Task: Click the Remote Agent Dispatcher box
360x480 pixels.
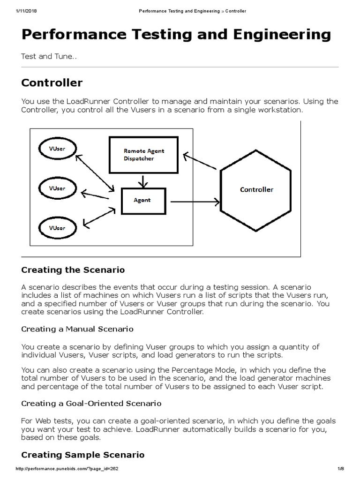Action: pyautogui.click(x=143, y=155)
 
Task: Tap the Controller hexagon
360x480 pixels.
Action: pyautogui.click(x=256, y=190)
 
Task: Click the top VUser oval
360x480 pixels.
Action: pyautogui.click(x=57, y=149)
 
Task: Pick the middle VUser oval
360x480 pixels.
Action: pyautogui.click(x=57, y=188)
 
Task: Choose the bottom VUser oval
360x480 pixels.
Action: pyautogui.click(x=57, y=228)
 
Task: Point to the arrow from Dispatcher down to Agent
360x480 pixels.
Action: pyautogui.click(x=143, y=180)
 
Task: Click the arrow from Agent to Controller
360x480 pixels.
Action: pyautogui.click(x=195, y=202)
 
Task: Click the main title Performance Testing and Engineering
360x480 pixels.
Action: pyautogui.click(x=176, y=35)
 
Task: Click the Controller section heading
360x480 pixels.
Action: pyautogui.click(x=52, y=83)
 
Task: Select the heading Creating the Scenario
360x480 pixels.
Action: pyautogui.click(x=73, y=270)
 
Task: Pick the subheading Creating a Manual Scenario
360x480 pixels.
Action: pyautogui.click(x=77, y=329)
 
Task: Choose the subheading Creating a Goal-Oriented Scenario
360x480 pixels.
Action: pyautogui.click(x=91, y=404)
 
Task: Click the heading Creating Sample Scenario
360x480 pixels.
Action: pyautogui.click(x=83, y=455)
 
